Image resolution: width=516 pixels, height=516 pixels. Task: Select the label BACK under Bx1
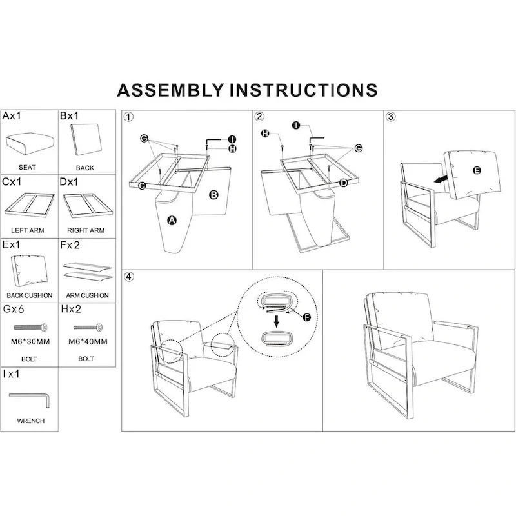[84, 168]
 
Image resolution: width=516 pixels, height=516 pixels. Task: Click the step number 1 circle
[130, 117]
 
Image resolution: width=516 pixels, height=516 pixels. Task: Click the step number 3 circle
[391, 117]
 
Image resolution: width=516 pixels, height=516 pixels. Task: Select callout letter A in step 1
[172, 221]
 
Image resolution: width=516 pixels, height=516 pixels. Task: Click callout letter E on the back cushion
[477, 170]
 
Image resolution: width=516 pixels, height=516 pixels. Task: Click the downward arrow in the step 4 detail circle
[277, 321]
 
